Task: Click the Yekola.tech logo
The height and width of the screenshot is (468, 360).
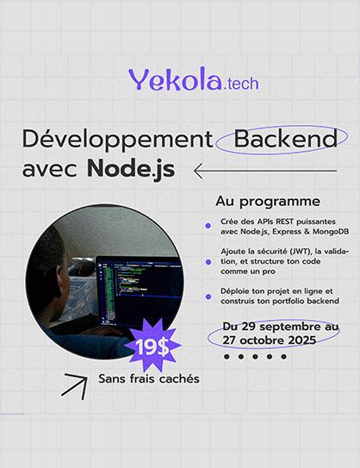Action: (193, 81)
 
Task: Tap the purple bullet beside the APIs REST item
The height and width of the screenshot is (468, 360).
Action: (208, 226)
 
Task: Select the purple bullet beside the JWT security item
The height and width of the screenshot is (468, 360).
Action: (208, 261)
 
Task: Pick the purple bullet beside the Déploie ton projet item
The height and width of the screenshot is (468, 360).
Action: (208, 296)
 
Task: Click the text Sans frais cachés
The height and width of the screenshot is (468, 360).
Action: (149, 378)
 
